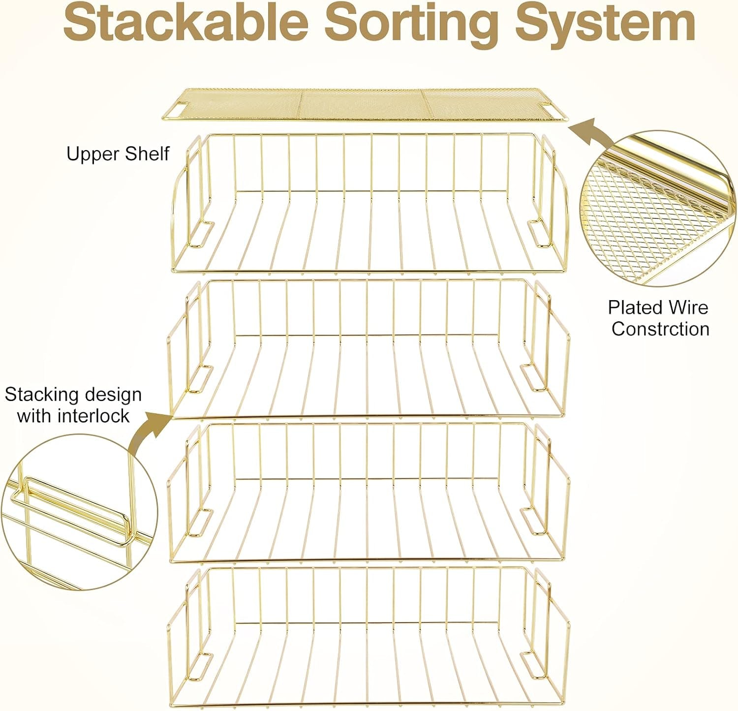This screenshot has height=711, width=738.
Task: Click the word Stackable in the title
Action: point(186,22)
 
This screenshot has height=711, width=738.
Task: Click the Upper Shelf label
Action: point(118,154)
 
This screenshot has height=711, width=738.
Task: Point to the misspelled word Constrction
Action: point(660,329)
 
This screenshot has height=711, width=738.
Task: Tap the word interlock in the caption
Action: point(93,416)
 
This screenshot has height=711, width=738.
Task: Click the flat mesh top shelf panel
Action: point(362,104)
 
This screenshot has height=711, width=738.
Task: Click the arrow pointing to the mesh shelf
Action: point(590,132)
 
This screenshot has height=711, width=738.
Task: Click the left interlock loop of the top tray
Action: point(202,234)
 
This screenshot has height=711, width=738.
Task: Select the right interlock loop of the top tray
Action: point(539,234)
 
